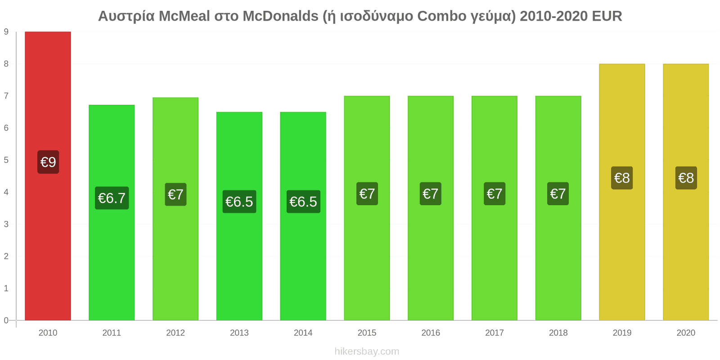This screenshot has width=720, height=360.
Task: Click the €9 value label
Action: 48,162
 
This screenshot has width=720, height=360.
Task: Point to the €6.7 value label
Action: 112,198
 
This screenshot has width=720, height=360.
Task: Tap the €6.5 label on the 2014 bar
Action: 303,202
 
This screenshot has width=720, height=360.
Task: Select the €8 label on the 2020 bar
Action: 686,178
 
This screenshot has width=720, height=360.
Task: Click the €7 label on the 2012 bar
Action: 175,194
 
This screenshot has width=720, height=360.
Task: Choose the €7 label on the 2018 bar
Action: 558,193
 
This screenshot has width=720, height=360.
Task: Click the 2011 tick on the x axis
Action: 112,333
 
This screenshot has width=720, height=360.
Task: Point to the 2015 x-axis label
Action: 367,333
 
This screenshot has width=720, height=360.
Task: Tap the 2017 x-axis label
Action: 494,333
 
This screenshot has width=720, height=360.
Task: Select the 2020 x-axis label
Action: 686,333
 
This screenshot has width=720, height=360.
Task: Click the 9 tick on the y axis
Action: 6,31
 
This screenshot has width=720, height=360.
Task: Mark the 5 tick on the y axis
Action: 6,160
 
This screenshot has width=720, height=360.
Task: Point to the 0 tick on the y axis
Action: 6,320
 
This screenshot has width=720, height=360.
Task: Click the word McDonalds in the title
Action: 280,16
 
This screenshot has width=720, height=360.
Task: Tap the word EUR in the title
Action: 607,16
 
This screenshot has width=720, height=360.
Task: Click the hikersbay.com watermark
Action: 367,351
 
